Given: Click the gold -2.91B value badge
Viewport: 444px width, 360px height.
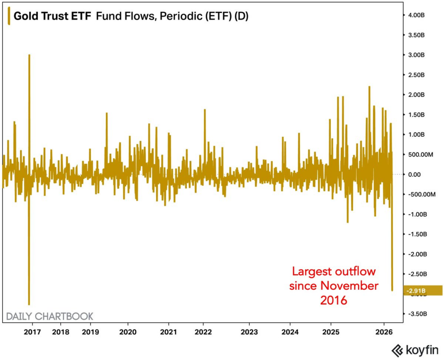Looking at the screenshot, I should tap(423, 290).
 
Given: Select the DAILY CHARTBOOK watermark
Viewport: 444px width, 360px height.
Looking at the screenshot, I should tap(49, 316).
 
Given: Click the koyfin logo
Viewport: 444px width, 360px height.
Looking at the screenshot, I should tap(415, 349).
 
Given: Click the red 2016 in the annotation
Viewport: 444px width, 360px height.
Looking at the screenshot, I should tap(334, 300).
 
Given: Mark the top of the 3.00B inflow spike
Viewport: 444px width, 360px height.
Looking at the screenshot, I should tap(29, 55).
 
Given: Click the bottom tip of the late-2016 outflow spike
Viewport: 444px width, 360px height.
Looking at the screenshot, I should tap(29, 304).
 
